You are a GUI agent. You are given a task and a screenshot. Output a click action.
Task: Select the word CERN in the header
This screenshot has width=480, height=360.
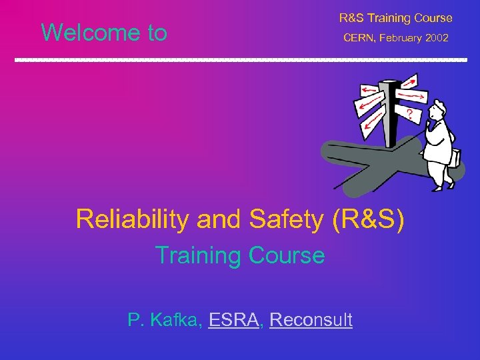click(x=359, y=38)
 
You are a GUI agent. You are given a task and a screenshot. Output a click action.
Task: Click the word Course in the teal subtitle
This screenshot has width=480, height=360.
click(x=287, y=255)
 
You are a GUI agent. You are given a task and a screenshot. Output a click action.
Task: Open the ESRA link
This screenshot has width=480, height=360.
click(x=233, y=320)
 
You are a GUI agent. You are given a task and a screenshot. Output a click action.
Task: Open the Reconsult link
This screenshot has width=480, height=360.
click(x=311, y=320)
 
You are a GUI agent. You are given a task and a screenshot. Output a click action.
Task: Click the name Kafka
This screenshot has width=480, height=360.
click(x=175, y=320)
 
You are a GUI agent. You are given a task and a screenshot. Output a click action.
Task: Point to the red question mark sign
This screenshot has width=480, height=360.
click(x=408, y=115)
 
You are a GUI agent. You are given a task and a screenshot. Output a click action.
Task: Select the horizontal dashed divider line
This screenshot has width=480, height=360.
click(x=240, y=60)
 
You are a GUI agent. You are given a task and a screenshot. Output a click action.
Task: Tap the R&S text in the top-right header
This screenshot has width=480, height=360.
click(x=353, y=18)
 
